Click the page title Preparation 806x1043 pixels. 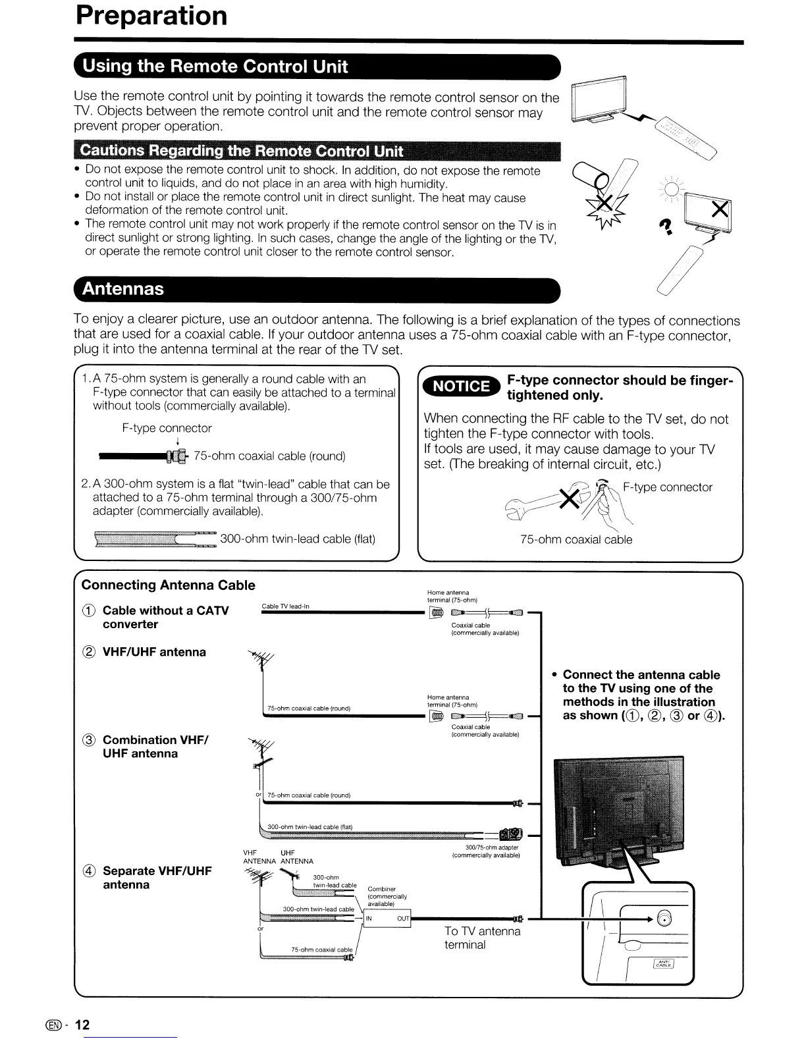[x=151, y=16]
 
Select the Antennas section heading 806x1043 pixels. [x=122, y=289]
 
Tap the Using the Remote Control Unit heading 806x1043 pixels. [x=212, y=67]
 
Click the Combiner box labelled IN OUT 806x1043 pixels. [x=387, y=919]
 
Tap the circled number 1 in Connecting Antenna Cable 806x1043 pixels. [x=90, y=611]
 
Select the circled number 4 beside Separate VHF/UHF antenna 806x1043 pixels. [x=90, y=871]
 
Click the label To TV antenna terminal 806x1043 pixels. [x=483, y=938]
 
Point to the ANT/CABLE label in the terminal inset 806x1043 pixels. [x=663, y=964]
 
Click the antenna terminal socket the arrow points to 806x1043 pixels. [x=665, y=919]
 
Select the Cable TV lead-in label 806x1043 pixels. [x=285, y=606]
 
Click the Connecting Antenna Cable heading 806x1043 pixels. [x=168, y=585]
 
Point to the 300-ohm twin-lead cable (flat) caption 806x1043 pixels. [x=298, y=539]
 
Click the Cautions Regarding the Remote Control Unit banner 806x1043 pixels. [x=241, y=151]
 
